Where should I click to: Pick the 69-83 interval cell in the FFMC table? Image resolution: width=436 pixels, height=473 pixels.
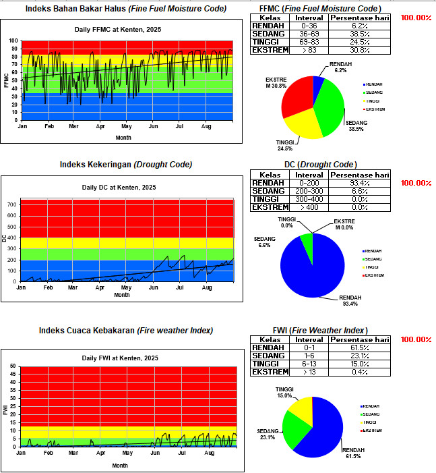point(309,42)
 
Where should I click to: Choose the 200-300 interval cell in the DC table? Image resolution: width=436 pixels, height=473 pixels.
point(309,192)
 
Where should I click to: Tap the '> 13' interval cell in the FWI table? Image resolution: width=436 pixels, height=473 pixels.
point(309,372)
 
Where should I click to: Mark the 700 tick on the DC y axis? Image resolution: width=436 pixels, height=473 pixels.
point(11,204)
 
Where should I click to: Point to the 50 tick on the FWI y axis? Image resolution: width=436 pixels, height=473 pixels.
point(13,366)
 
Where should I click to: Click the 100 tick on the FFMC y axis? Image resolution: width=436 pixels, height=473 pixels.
point(13,40)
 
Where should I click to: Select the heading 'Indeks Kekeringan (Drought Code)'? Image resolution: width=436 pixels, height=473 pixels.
point(126,165)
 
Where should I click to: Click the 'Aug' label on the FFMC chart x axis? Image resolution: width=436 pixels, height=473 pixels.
point(207,126)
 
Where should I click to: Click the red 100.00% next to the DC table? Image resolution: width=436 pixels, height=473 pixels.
point(415,183)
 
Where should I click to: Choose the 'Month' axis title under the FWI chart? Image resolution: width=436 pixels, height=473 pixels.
point(120,466)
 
